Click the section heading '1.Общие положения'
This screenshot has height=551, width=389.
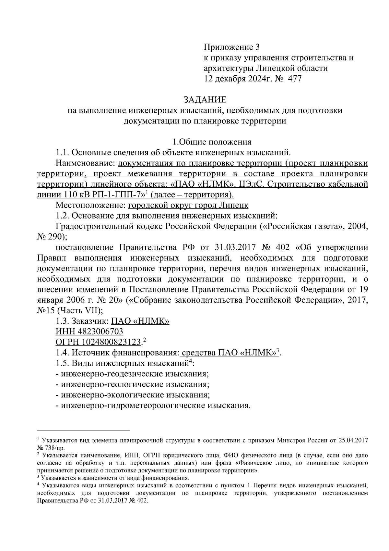(212, 142)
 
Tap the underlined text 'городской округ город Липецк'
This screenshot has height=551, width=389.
(188, 205)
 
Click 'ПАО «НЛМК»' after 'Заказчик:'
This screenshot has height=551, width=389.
(140, 321)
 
